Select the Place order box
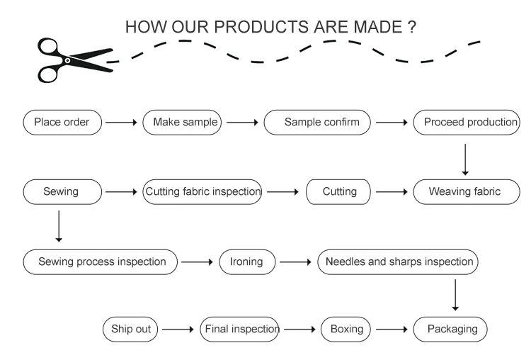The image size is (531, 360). point(62,122)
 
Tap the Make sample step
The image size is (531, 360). point(183,122)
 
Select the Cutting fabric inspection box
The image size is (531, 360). point(203,191)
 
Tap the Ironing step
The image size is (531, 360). point(247,261)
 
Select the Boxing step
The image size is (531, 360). point(346,329)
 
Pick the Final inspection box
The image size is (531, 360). point(241,329)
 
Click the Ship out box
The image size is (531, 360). point(131,329)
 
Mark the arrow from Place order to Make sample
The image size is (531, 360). point(122,122)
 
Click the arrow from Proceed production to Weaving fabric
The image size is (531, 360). point(465,159)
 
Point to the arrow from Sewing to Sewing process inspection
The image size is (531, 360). point(59,226)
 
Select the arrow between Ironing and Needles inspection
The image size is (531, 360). point(295,261)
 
